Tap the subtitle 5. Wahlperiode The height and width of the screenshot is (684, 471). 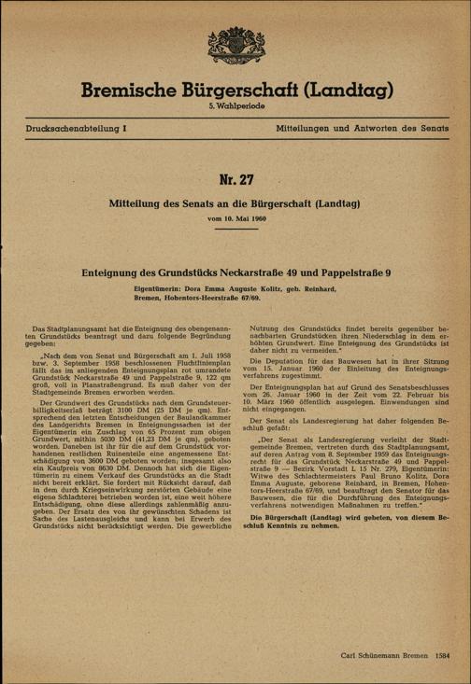click(x=235, y=109)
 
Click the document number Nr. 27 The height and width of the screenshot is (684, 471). click(x=235, y=178)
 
